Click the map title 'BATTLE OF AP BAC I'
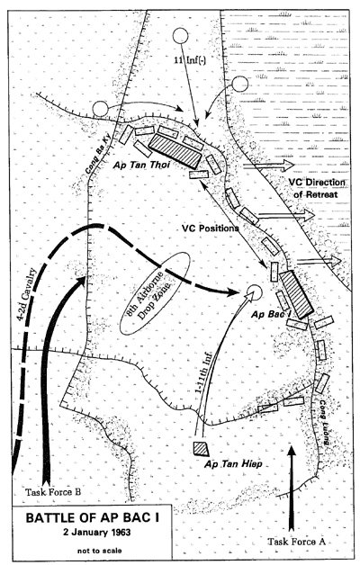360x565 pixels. tap(93, 518)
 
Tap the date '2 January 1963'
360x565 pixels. tap(96, 533)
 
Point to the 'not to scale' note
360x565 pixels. tap(100, 551)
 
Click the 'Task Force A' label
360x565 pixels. tap(297, 542)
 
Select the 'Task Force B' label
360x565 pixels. tap(53, 492)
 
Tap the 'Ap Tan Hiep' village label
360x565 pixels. tap(233, 463)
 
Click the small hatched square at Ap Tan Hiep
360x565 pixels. tap(202, 449)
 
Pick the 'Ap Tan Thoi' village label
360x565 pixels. tap(141, 165)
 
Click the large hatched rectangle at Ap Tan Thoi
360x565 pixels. tap(175, 151)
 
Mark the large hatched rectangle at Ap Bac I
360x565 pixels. tap(296, 294)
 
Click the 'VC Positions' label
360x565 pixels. tap(210, 229)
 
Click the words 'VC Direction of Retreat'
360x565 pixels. tap(317, 188)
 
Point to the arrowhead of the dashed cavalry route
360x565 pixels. tap(234, 292)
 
